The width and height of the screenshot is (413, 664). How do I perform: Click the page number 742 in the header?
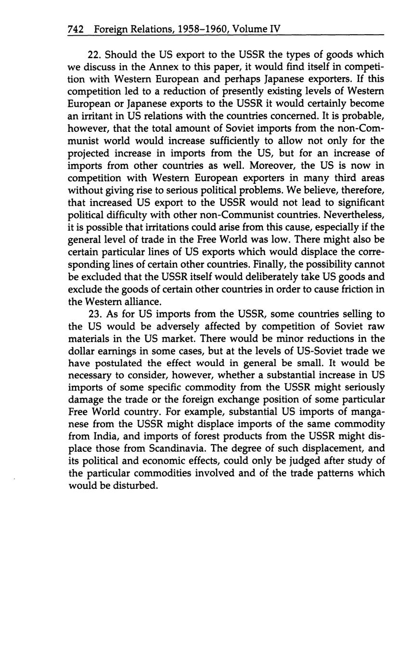76,29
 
